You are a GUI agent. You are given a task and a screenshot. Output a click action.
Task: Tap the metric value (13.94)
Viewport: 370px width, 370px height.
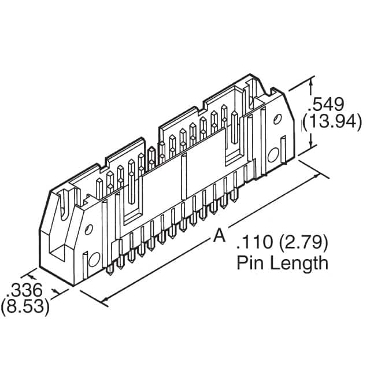pos(333,123)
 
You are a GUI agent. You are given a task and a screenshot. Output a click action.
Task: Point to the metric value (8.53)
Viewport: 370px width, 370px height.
pos(24,306)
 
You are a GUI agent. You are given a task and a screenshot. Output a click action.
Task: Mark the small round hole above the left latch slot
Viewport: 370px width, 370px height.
pos(88,230)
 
